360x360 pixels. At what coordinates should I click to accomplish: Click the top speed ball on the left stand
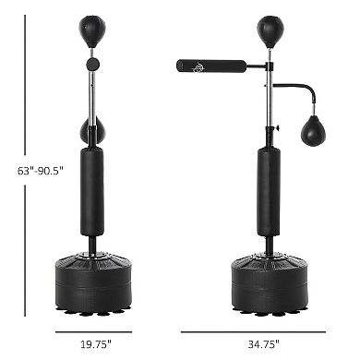[x=93, y=26]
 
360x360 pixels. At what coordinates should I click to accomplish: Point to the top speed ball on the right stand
[x=269, y=26]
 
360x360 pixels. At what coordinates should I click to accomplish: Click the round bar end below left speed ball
[x=92, y=64]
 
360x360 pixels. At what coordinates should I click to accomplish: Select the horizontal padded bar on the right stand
[x=212, y=66]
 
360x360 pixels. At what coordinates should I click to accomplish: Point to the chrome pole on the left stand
[x=93, y=92]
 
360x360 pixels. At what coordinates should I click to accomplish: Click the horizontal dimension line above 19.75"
[x=93, y=330]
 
